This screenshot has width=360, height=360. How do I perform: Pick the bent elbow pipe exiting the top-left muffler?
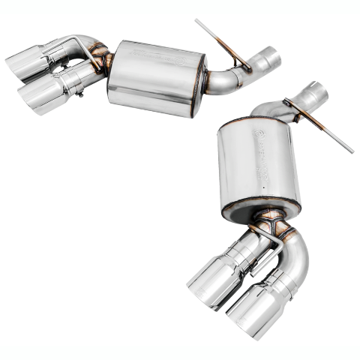tap(225, 79)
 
